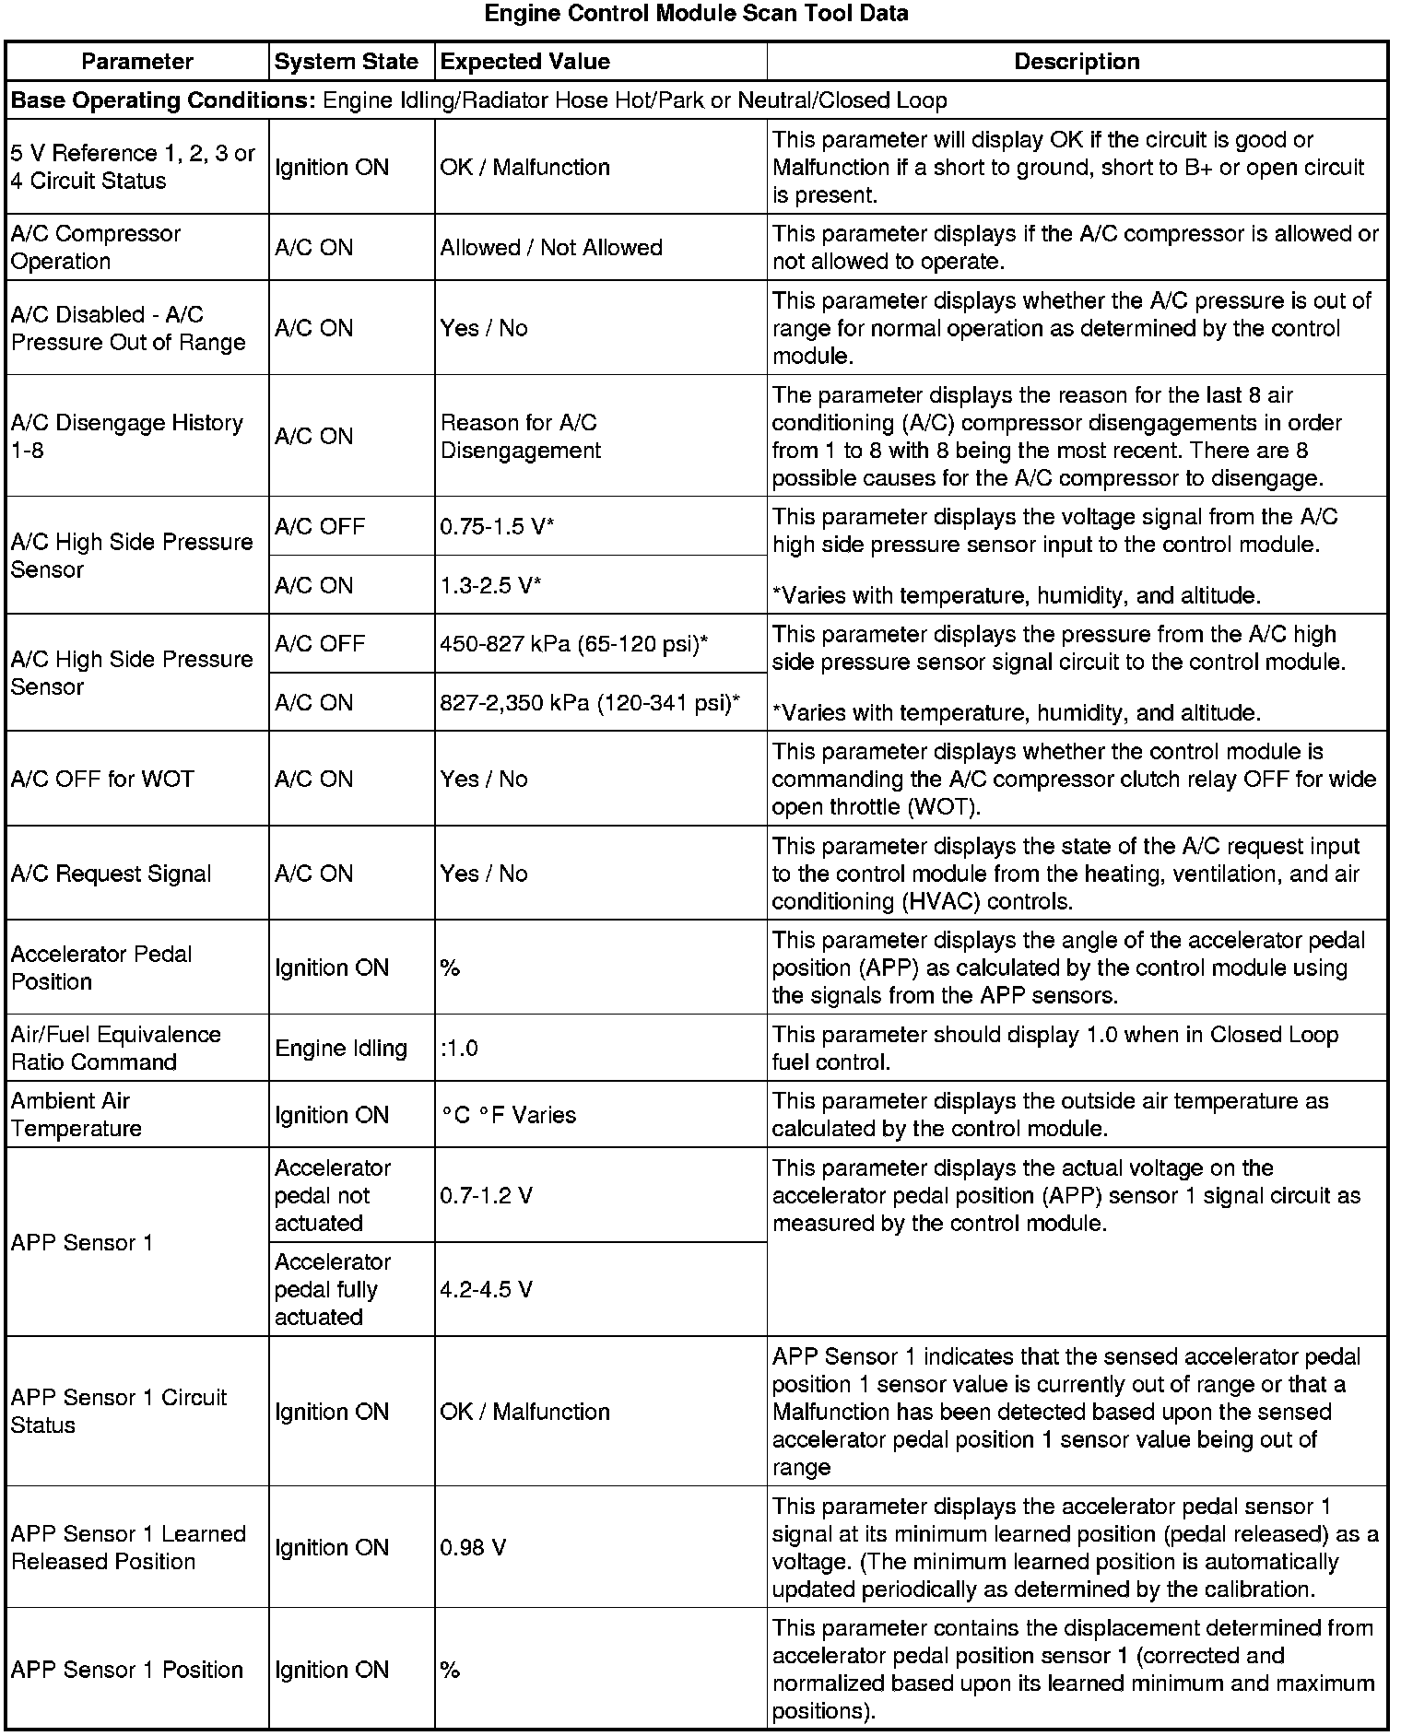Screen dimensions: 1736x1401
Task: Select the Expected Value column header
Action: [x=525, y=62]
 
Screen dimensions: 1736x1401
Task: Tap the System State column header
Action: [x=347, y=62]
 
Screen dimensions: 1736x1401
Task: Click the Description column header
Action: [x=1077, y=62]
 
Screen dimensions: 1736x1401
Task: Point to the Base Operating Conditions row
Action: [x=479, y=100]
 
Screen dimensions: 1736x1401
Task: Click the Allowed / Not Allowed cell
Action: [x=551, y=248]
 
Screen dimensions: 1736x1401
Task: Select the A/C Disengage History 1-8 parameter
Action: [x=127, y=436]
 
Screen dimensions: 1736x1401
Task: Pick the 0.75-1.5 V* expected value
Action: [x=497, y=526]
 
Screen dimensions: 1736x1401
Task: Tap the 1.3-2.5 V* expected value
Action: [x=490, y=585]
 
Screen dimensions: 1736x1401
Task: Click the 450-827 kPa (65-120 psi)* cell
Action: [x=574, y=643]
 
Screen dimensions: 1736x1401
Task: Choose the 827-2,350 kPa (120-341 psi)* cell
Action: [x=590, y=703]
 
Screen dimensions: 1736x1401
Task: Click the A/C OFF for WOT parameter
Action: [x=102, y=780]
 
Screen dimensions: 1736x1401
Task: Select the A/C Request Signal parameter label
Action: [x=112, y=874]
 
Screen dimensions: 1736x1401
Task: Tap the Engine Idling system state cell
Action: [x=341, y=1049]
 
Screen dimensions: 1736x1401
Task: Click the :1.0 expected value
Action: [x=459, y=1049]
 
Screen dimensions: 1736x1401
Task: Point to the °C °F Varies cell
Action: [x=509, y=1115]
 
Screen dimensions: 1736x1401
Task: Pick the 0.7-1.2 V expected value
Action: [x=486, y=1196]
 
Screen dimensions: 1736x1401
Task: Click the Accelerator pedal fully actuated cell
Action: [x=333, y=1289]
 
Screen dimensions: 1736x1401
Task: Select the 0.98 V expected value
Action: [x=473, y=1548]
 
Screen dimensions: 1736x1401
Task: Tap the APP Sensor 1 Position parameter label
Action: [x=127, y=1670]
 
